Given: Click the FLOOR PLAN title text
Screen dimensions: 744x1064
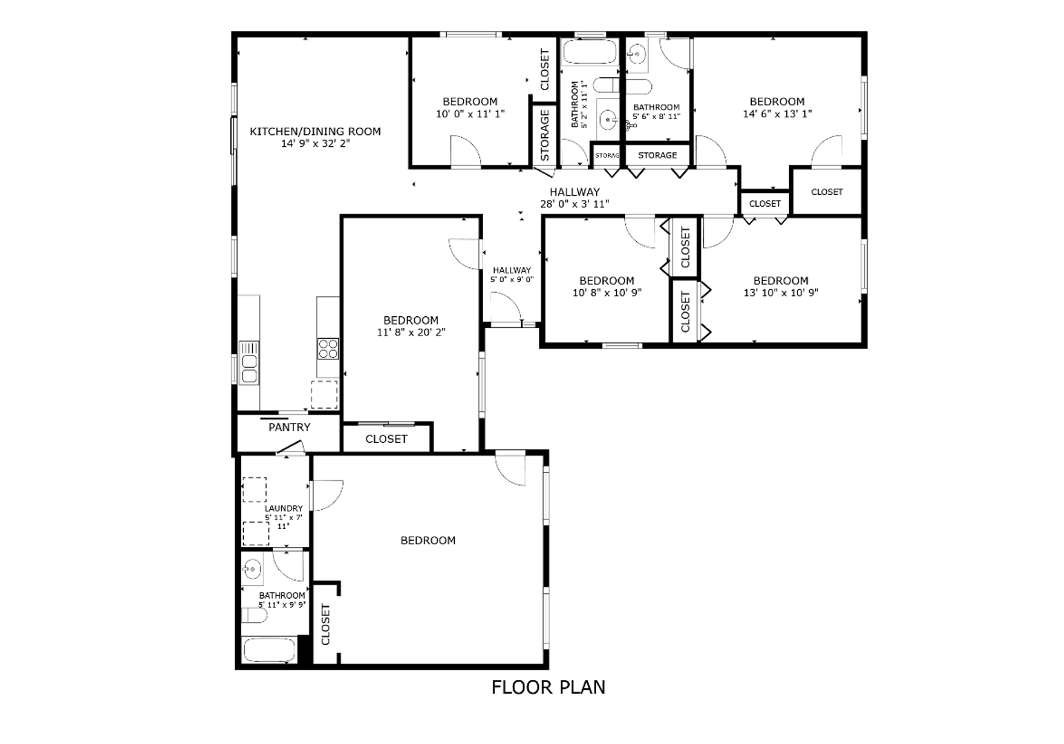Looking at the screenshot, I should point(548,687).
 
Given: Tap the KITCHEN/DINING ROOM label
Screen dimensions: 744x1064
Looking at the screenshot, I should point(315,132).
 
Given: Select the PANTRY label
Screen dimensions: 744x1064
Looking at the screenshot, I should point(289,427).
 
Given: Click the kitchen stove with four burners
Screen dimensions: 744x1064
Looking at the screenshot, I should point(327,349).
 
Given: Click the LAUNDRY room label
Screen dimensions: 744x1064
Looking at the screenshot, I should point(283,508).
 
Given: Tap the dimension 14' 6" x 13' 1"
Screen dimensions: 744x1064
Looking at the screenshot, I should point(777,114).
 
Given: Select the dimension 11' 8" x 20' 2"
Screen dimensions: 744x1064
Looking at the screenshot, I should point(411,332).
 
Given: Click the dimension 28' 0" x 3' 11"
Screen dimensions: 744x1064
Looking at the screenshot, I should point(574,204).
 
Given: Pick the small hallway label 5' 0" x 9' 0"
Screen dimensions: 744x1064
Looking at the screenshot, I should point(511,280).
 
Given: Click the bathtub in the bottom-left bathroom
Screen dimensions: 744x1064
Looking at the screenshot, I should point(269,650).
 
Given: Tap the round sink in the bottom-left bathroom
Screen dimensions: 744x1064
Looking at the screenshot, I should point(252,569).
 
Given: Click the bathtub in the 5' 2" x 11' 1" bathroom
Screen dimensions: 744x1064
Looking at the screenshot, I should point(590,52).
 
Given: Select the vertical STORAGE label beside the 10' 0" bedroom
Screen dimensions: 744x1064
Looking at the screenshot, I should point(544,135).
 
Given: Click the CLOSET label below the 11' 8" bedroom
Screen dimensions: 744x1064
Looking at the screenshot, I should point(386,439).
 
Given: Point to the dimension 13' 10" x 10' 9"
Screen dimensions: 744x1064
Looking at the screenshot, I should point(780,292).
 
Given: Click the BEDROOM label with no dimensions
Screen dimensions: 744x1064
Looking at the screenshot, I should point(428,541).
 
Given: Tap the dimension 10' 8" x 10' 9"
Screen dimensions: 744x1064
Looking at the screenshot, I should point(606,292).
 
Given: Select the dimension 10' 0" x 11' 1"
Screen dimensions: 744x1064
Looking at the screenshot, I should point(470,114).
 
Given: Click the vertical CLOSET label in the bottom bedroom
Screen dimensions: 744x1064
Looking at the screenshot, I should point(326,624).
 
